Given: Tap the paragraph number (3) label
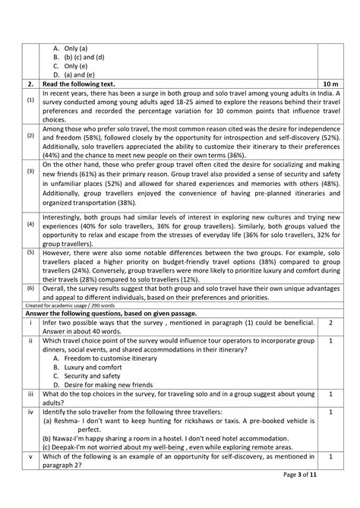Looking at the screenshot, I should [x=30, y=171].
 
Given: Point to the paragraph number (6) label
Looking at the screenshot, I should [x=30, y=289].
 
